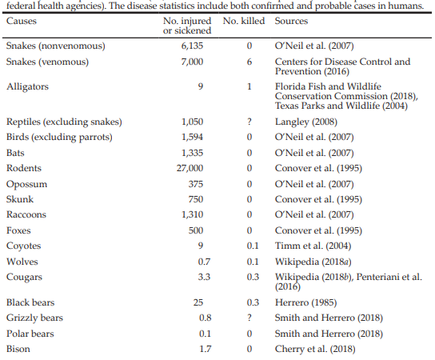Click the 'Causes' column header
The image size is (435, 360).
(x=22, y=21)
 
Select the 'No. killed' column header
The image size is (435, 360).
(x=244, y=21)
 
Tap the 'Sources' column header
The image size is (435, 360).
(x=291, y=21)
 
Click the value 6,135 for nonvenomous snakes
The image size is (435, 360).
(x=192, y=46)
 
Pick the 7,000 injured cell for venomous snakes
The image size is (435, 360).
(x=192, y=62)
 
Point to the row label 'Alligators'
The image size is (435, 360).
(x=27, y=86)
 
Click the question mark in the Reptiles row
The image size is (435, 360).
(x=249, y=122)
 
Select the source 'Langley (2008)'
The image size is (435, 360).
(x=306, y=122)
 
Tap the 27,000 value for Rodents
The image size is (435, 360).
(x=190, y=168)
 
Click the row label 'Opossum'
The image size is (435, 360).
(x=27, y=184)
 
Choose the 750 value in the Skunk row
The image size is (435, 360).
(x=196, y=199)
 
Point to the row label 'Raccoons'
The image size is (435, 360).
(x=26, y=214)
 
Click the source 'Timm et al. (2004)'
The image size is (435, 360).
(x=313, y=246)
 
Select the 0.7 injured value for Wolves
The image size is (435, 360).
(x=204, y=262)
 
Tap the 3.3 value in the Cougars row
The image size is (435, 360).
(x=204, y=277)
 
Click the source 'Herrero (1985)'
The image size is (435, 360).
(x=305, y=302)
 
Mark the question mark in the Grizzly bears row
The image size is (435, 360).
(x=249, y=318)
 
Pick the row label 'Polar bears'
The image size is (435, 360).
(x=30, y=334)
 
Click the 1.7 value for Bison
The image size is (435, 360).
(x=206, y=349)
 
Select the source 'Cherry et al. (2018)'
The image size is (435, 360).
(x=315, y=349)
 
